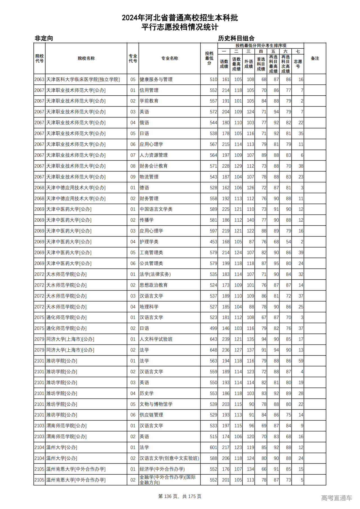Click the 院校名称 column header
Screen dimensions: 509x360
[x=86, y=58]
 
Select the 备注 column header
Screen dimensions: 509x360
[x=315, y=58]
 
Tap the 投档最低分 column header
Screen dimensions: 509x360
[x=209, y=58]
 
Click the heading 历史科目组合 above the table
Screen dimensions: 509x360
[x=236, y=38]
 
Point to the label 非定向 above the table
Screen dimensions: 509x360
[x=44, y=38]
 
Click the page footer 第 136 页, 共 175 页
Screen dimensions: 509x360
[x=180, y=496]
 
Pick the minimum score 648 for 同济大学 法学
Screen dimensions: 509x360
[x=213, y=350]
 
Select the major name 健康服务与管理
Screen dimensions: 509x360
[x=156, y=80]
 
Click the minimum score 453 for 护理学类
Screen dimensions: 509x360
[x=213, y=242]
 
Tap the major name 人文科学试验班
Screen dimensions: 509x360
[x=156, y=339]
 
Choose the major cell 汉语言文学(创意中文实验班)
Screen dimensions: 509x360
[x=169, y=458]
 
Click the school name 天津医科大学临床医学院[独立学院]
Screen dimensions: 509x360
[x=83, y=80]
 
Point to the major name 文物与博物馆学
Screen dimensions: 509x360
[x=156, y=404]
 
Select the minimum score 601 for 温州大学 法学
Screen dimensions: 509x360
[x=213, y=447]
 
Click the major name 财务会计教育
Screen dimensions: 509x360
[x=154, y=166]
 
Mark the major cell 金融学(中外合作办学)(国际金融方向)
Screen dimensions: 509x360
[x=168, y=480]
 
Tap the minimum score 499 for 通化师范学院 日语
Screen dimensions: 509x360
[x=213, y=328]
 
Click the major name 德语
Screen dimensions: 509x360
[x=144, y=188]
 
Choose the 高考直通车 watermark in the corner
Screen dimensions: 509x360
[x=336, y=498]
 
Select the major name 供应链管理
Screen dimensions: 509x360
[x=151, y=415]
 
